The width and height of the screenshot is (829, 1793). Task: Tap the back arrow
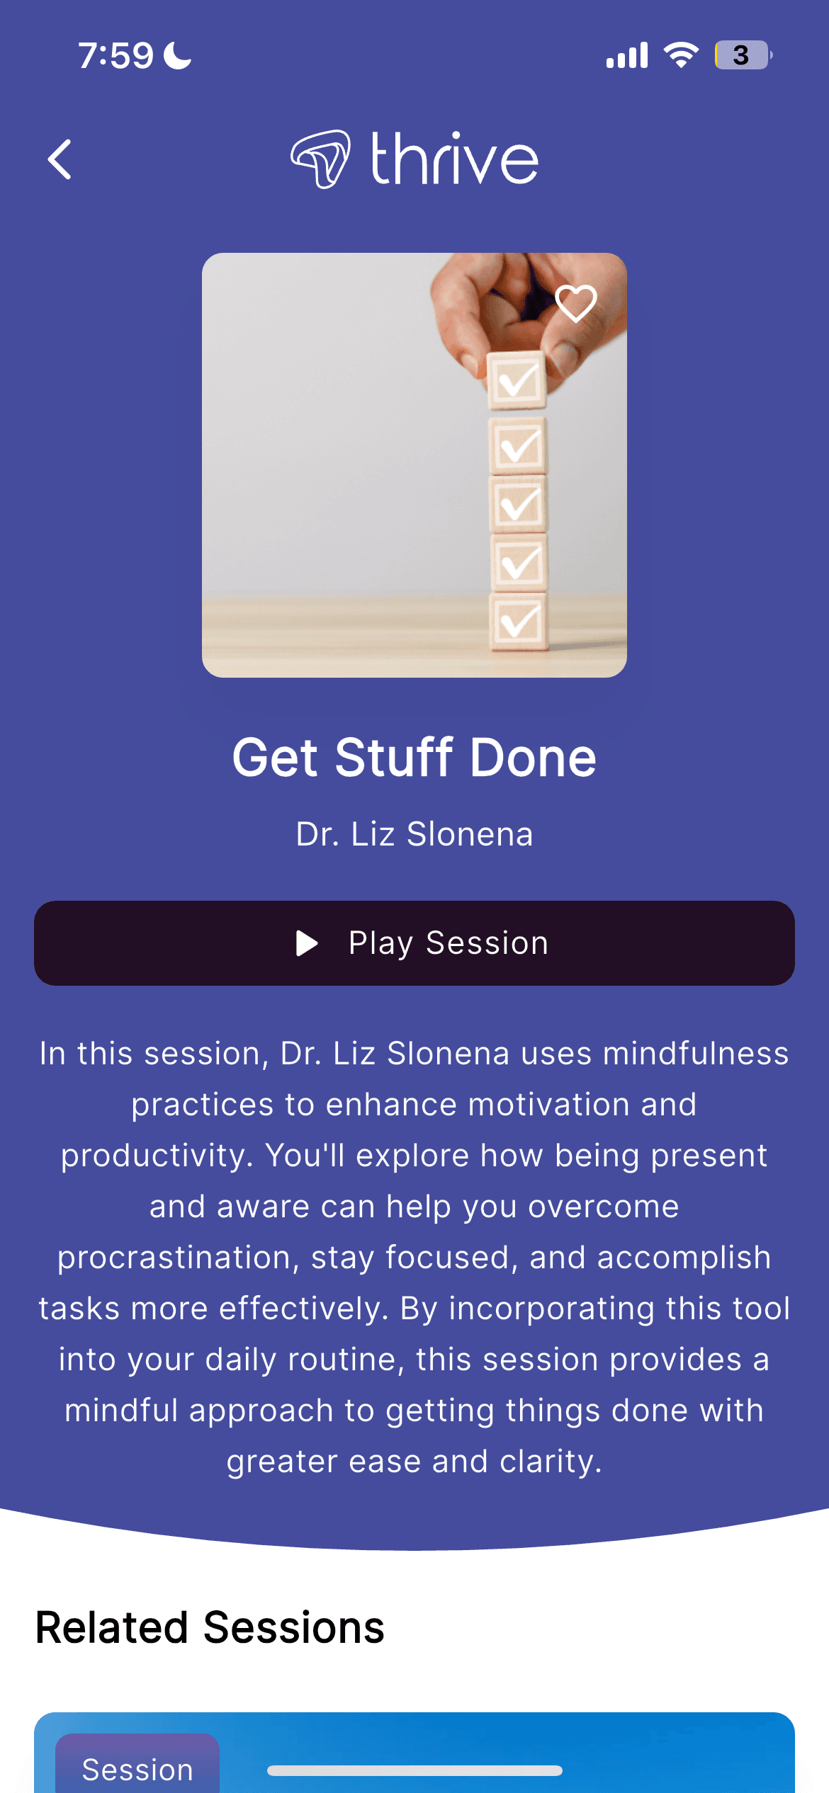[x=60, y=159]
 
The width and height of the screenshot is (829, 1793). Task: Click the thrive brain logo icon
[x=320, y=159]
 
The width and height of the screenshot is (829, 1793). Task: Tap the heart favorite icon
[x=576, y=304]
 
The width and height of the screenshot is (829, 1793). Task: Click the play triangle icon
[x=306, y=943]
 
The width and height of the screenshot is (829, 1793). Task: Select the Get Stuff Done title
[x=414, y=758]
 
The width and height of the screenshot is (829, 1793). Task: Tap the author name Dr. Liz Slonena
[x=414, y=834]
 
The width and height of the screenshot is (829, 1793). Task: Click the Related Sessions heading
[x=210, y=1627]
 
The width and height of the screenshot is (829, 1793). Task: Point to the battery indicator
[x=743, y=55]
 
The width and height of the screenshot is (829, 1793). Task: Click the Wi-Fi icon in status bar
[x=681, y=55]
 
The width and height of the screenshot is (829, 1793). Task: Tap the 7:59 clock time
[x=115, y=56]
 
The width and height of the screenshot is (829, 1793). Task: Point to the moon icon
[x=178, y=55]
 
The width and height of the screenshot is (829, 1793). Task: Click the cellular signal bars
[x=627, y=55]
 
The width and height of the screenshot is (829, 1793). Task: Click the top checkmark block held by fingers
[x=517, y=381]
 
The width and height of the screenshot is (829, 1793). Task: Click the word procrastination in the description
[x=174, y=1258]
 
